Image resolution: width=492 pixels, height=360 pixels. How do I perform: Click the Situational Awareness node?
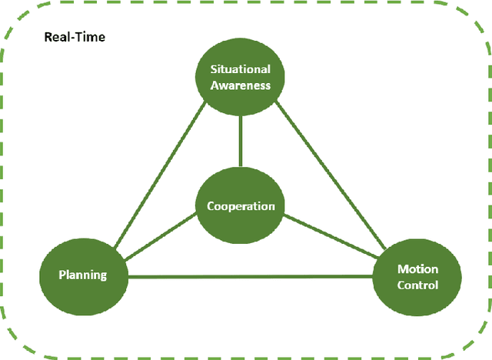tap(241, 78)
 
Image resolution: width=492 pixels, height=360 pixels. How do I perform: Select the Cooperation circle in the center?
tap(241, 206)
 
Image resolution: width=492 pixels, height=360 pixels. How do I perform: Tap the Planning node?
tap(83, 275)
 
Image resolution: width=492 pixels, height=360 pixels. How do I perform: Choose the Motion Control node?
tap(417, 277)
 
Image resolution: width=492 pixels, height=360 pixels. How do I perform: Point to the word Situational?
tap(241, 70)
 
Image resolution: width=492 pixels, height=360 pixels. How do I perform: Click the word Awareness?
tap(241, 85)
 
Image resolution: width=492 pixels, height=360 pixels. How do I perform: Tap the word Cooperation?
tap(241, 206)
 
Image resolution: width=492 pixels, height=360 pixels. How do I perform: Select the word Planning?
tap(83, 275)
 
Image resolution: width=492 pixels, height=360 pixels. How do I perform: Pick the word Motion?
tap(417, 269)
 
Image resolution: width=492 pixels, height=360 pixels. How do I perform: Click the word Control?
tap(417, 285)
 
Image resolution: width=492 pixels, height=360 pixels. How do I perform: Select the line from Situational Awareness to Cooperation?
tap(241, 141)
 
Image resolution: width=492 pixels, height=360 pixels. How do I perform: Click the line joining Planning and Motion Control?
tap(250, 276)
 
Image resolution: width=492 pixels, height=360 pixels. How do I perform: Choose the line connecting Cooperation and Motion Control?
tap(331, 238)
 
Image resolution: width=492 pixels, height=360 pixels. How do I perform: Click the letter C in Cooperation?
tap(211, 206)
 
